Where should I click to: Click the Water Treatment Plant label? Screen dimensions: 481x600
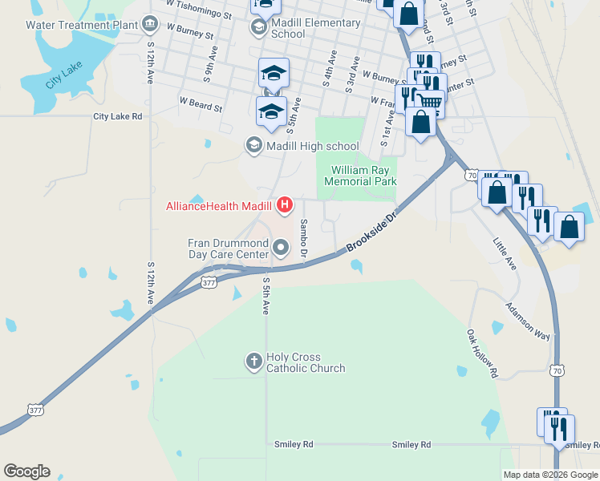(81, 24)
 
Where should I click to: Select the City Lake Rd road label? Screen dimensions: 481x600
(117, 116)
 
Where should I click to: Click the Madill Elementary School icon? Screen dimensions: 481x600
(258, 29)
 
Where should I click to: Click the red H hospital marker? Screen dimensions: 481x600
(284, 206)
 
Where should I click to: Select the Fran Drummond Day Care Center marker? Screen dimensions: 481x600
(280, 249)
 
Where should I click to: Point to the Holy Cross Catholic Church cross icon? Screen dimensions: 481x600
(253, 362)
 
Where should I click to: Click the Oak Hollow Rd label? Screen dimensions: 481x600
(483, 353)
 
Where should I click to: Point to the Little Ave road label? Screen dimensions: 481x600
(505, 253)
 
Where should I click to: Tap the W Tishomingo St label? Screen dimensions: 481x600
(199, 9)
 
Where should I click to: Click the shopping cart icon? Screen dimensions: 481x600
(429, 102)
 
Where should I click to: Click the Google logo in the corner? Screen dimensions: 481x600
(26, 471)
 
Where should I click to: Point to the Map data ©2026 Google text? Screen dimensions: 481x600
(550, 475)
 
